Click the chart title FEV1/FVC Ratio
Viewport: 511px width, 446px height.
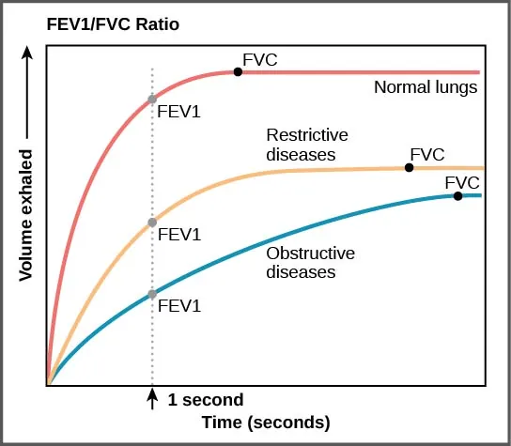(100, 22)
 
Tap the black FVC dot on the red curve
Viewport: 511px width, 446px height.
(238, 71)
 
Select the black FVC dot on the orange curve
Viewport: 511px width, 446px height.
(409, 167)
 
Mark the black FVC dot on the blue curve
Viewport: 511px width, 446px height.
(457, 195)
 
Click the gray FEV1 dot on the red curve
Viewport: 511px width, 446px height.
(152, 99)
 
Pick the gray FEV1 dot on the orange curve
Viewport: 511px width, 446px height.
(152, 223)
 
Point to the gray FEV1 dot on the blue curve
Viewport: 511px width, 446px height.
(152, 294)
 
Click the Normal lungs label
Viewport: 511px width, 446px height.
(426, 88)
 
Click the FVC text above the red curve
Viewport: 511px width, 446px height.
(259, 60)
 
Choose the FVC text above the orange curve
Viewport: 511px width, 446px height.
(426, 154)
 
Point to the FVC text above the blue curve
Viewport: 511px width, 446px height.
(462, 181)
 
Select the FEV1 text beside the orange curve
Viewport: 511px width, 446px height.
(179, 234)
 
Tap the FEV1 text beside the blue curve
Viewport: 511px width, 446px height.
(179, 305)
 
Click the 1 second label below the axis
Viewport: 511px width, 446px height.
(205, 399)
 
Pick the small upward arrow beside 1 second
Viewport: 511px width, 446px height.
(152, 399)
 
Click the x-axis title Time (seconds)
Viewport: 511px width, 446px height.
(267, 422)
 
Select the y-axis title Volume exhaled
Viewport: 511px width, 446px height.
(25, 214)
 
